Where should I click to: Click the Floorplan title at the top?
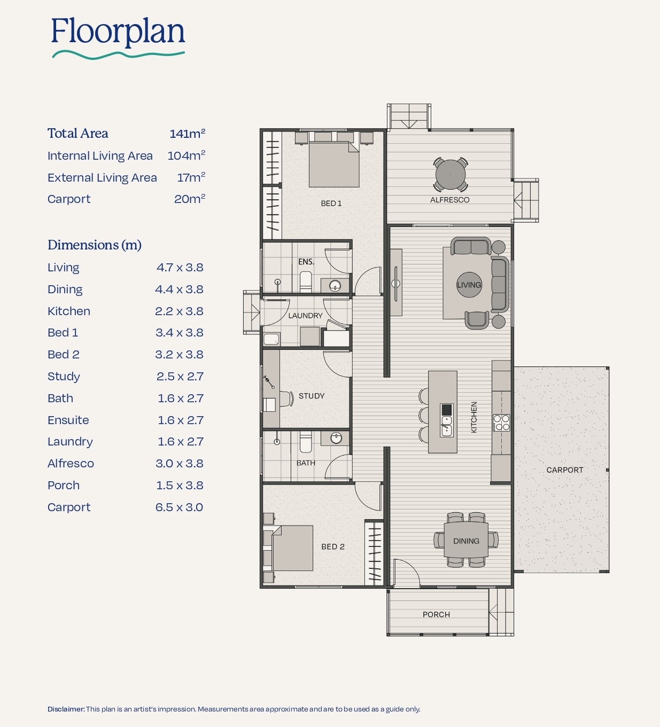(x=118, y=33)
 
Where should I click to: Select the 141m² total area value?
(x=188, y=134)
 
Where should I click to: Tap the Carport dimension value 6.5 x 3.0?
(x=179, y=507)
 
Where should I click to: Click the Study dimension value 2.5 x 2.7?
(x=180, y=376)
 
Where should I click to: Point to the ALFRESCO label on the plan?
(x=449, y=200)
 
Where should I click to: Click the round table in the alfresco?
(x=451, y=174)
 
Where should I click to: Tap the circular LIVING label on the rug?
(x=469, y=285)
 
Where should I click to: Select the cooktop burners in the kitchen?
(x=501, y=423)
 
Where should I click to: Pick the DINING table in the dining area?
(x=466, y=540)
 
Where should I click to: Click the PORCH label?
(x=436, y=614)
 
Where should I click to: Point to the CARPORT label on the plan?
(x=565, y=470)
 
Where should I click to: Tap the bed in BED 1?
(x=334, y=165)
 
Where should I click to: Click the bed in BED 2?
(x=292, y=548)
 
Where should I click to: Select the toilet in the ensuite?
(x=306, y=281)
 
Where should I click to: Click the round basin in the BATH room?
(x=336, y=438)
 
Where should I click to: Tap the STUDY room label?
(x=312, y=396)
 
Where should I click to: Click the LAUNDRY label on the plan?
(x=305, y=316)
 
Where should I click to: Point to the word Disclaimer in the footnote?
(x=66, y=709)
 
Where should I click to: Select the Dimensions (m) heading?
(x=95, y=245)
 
